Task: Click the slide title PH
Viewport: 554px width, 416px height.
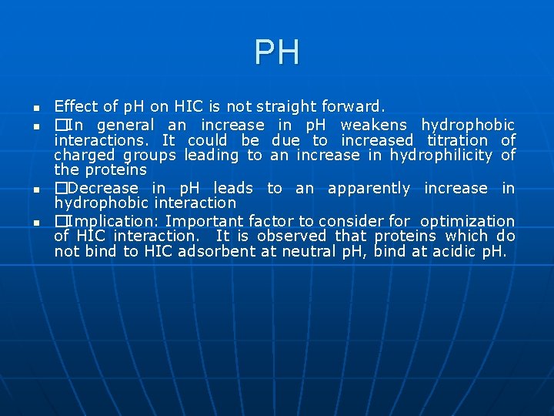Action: pyautogui.click(x=277, y=53)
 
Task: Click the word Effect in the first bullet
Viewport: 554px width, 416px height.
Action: pyautogui.click(x=71, y=106)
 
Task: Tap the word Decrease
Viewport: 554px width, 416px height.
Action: pyautogui.click(x=103, y=188)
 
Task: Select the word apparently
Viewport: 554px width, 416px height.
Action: pyautogui.click(x=369, y=188)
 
